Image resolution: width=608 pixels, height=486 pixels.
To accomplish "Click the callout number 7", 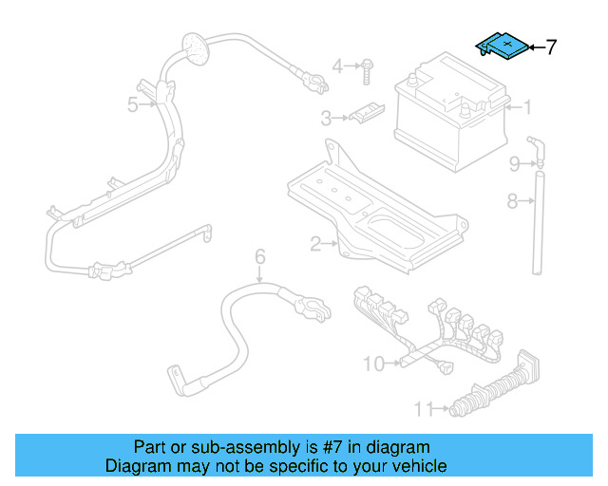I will (x=551, y=47).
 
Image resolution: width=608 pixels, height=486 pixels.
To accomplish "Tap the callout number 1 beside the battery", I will (x=528, y=107).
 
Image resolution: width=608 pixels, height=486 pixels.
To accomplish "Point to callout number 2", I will (x=315, y=244).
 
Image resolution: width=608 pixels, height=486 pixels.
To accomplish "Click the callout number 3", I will (x=326, y=119).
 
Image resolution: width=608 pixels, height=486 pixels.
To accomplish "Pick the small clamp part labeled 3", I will (x=364, y=113).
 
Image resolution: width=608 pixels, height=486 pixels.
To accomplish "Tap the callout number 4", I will (x=337, y=65).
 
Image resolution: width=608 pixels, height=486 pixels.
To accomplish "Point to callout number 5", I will (x=133, y=103).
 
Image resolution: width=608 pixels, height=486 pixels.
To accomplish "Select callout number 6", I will (x=258, y=256).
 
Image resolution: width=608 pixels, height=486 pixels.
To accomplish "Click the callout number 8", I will (x=512, y=200).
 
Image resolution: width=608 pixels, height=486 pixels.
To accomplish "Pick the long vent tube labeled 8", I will (x=537, y=223).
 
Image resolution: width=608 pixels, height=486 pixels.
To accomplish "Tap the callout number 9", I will (x=514, y=164).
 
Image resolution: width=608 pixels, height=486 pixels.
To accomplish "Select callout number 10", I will (x=372, y=364).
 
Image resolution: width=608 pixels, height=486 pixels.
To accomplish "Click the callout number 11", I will (x=424, y=409).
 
